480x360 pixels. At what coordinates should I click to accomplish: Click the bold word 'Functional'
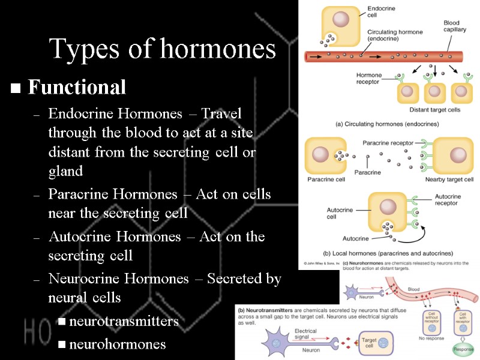77,88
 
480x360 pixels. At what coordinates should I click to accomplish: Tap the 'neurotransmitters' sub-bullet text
124,322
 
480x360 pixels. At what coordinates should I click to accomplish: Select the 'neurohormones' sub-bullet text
118,344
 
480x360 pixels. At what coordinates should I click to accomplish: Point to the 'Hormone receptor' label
369,78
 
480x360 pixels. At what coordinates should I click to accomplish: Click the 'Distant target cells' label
434,110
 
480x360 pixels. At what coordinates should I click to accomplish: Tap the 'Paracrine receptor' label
388,143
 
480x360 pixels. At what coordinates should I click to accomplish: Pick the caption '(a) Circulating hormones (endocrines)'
386,124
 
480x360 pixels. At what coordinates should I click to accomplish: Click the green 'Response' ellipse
463,349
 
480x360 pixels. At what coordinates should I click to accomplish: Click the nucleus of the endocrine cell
341,20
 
